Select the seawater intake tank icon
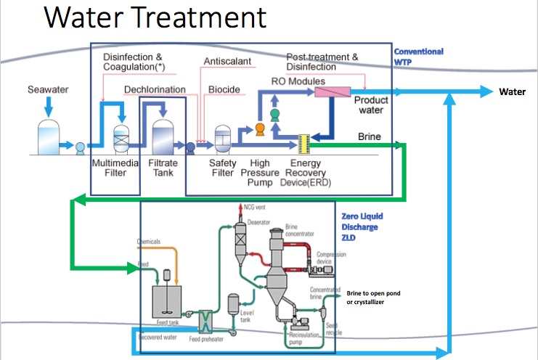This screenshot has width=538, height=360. tap(49, 136)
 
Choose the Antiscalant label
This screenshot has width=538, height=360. tap(227, 62)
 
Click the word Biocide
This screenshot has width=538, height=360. tap(224, 90)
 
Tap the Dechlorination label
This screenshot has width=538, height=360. tap(155, 89)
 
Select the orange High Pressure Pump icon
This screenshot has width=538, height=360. tap(258, 129)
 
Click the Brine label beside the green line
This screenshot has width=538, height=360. tap(370, 136)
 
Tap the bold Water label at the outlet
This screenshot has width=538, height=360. tap(511, 92)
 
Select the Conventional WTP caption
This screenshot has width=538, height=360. tap(418, 57)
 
